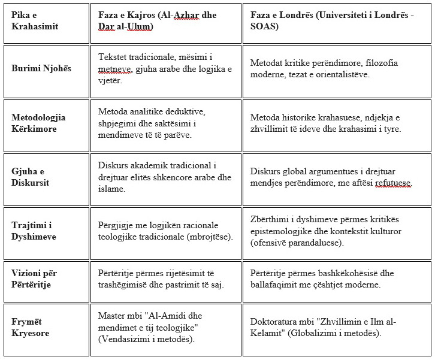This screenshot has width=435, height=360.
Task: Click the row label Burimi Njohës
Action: point(41,68)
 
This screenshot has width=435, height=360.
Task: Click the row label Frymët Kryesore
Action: point(31,328)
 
